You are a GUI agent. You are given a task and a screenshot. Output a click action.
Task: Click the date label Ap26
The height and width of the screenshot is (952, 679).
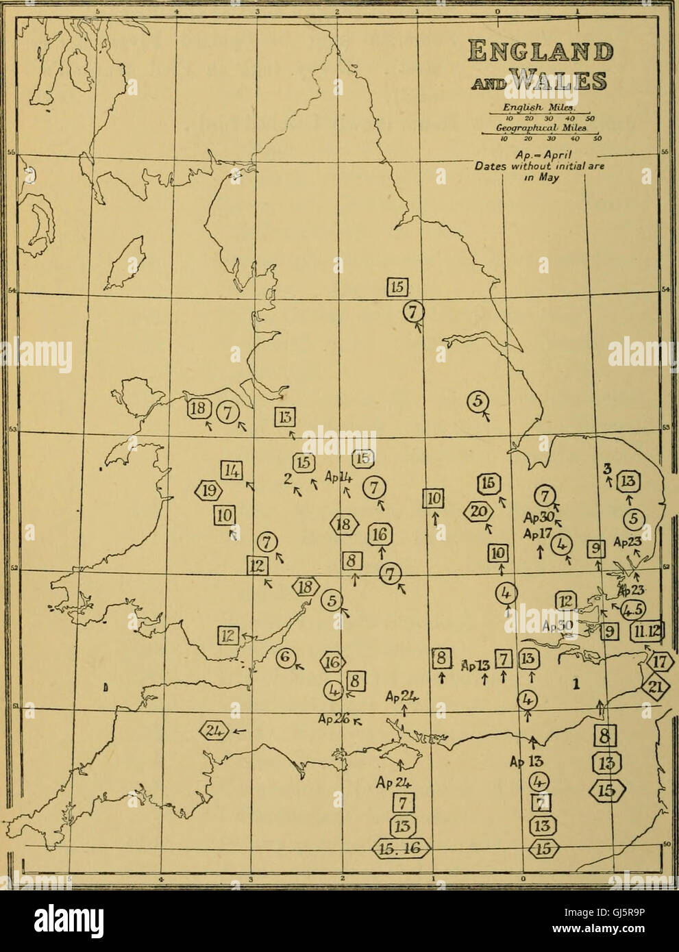point(334,719)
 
